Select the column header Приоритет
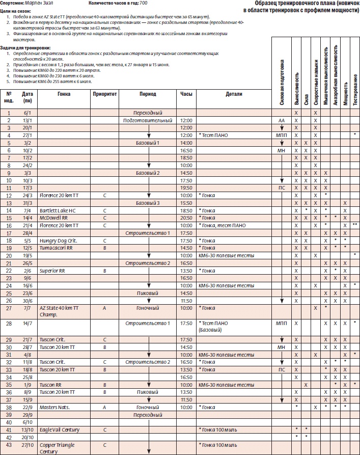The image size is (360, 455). coord(105,94)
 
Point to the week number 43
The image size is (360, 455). coord(9,445)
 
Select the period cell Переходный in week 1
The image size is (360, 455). coord(148,112)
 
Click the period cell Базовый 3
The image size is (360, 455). coord(148,203)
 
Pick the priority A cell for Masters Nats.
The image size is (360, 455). coord(105,407)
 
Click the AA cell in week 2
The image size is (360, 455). coord(282,120)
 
